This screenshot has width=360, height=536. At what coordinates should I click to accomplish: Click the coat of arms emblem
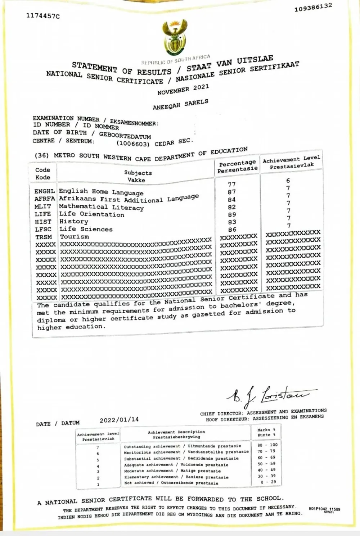pyautogui.click(x=175, y=38)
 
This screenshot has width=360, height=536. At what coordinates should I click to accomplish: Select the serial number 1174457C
pyautogui.click(x=43, y=16)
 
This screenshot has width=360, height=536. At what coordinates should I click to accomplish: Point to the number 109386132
pyautogui.click(x=313, y=8)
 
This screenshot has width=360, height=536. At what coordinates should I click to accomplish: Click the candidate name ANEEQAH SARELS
pyautogui.click(x=180, y=105)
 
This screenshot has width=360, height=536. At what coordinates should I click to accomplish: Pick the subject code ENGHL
pyautogui.click(x=45, y=191)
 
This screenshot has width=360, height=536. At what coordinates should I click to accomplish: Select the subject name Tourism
pyautogui.click(x=74, y=237)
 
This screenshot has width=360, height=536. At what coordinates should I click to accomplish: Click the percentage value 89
pyautogui.click(x=232, y=215)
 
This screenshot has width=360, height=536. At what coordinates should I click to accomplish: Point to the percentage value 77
pyautogui.click(x=232, y=184)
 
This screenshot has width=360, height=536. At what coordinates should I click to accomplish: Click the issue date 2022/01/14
pyautogui.click(x=119, y=419)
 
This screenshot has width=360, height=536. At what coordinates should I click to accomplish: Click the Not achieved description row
pyautogui.click(x=171, y=483)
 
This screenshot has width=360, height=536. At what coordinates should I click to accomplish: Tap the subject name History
pyautogui.click(x=73, y=222)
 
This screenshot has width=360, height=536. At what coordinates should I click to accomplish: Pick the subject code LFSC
pyautogui.click(x=43, y=229)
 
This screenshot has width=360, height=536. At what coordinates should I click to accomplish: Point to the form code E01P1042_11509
pyautogui.click(x=324, y=509)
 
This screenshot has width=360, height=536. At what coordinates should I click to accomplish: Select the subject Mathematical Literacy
pyautogui.click(x=101, y=207)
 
